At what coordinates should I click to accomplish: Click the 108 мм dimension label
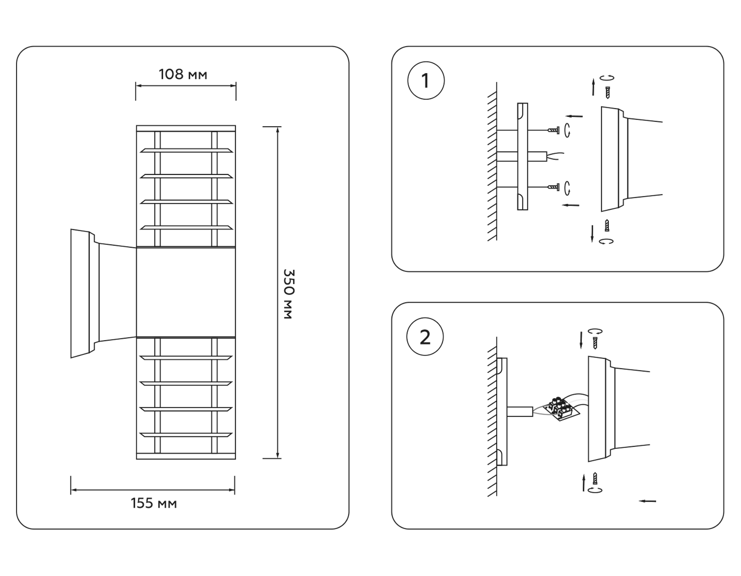183,74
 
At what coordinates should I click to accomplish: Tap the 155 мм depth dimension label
154,503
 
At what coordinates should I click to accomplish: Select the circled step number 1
426,81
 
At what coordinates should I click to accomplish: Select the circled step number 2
425,337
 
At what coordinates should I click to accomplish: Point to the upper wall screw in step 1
553,130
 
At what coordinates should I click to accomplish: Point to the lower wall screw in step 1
553,187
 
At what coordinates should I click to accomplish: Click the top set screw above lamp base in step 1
607,92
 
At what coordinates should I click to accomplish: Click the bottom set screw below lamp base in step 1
607,225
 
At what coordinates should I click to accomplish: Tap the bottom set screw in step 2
594,478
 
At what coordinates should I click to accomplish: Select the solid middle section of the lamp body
186,292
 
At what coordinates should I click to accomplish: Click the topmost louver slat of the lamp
186,151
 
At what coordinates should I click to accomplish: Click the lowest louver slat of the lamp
186,434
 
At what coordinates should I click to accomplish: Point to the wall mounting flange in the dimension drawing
80,293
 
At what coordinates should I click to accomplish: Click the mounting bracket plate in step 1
522,156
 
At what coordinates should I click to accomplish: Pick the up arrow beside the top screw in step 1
593,86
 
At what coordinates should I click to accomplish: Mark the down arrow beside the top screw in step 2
581,340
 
